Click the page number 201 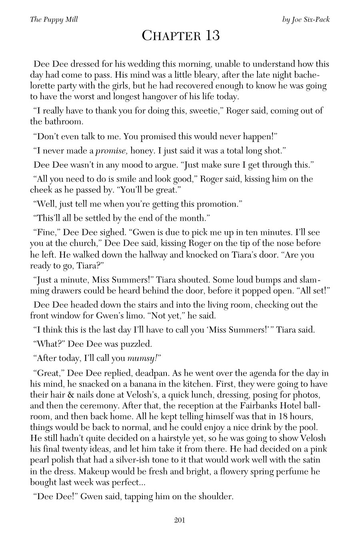180,520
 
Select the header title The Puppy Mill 54,19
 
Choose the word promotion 217,204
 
